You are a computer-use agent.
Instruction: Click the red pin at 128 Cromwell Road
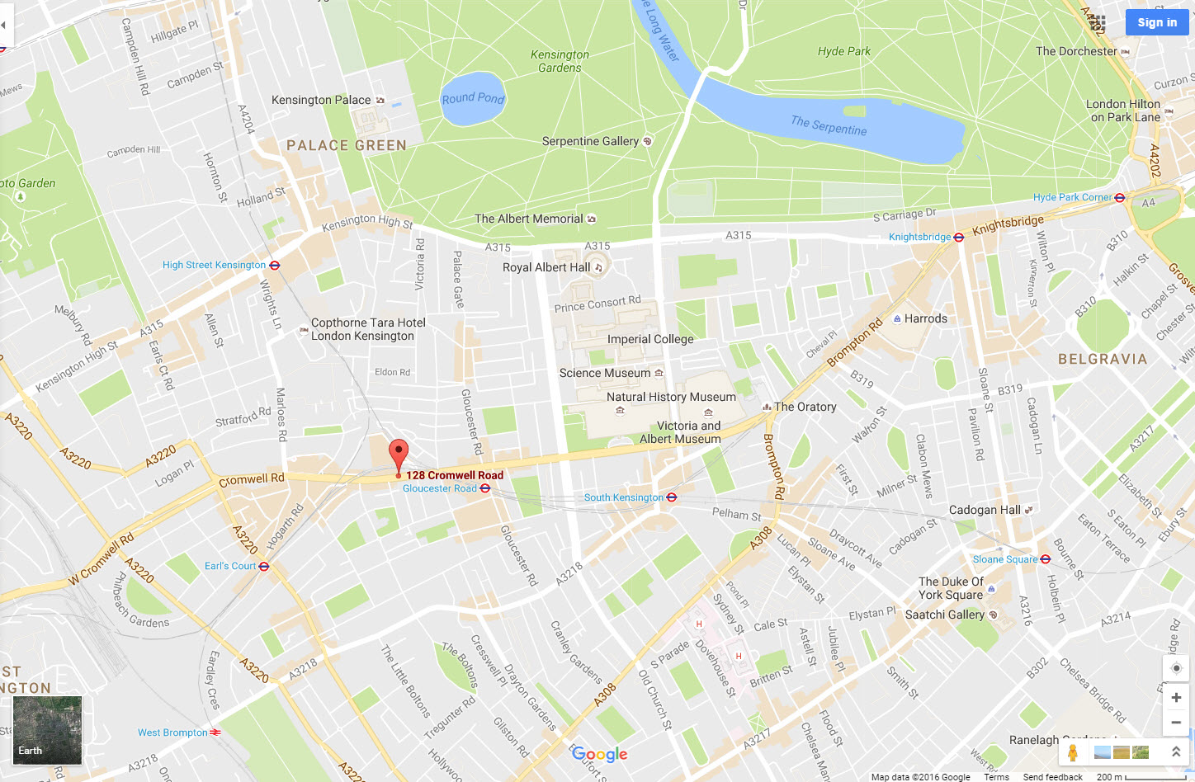(399, 455)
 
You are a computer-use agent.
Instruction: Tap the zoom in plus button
(1176, 698)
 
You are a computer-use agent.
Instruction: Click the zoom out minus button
(1176, 723)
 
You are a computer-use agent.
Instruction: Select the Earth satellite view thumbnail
(47, 730)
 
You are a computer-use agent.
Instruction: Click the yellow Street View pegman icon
(1073, 752)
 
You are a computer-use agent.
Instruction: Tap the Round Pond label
(473, 98)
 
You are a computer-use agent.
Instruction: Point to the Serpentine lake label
(829, 125)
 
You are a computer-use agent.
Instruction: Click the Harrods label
(925, 318)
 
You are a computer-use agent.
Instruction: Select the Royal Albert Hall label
(546, 267)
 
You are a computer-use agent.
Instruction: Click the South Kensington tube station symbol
(672, 497)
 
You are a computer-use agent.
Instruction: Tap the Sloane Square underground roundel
(1046, 559)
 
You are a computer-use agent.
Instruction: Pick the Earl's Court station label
(230, 566)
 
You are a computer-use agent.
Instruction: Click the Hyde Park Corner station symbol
(1120, 197)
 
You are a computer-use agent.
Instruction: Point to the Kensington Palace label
(321, 100)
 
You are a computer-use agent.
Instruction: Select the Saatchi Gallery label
(944, 615)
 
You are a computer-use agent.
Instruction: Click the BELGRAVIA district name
(1103, 359)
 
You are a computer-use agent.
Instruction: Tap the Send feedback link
(1052, 777)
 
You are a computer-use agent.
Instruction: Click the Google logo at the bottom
(600, 754)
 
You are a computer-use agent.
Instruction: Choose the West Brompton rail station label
(172, 733)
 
